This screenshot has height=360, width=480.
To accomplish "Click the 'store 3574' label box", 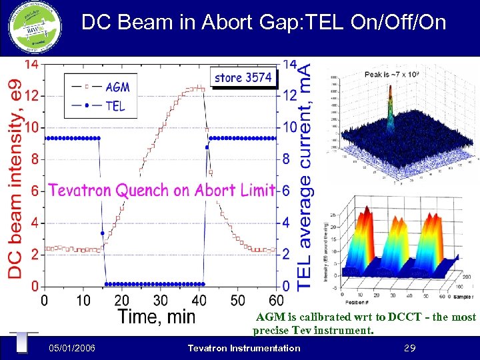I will click(x=243, y=77).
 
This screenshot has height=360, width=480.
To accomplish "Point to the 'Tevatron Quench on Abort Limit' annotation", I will click(x=161, y=191).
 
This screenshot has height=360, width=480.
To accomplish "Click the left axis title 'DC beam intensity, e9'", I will click(x=14, y=177).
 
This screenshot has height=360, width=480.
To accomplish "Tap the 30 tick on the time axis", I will click(x=160, y=301).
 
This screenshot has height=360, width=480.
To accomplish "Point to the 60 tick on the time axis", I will click(x=276, y=301).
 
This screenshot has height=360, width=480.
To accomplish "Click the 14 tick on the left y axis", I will click(x=31, y=64).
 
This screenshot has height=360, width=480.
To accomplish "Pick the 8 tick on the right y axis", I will click(x=287, y=159).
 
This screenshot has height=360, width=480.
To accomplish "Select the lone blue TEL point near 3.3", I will click(x=102, y=233).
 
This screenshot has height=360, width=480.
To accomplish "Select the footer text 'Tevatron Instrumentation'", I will click(x=244, y=348).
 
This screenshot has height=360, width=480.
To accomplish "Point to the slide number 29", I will click(x=411, y=348).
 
